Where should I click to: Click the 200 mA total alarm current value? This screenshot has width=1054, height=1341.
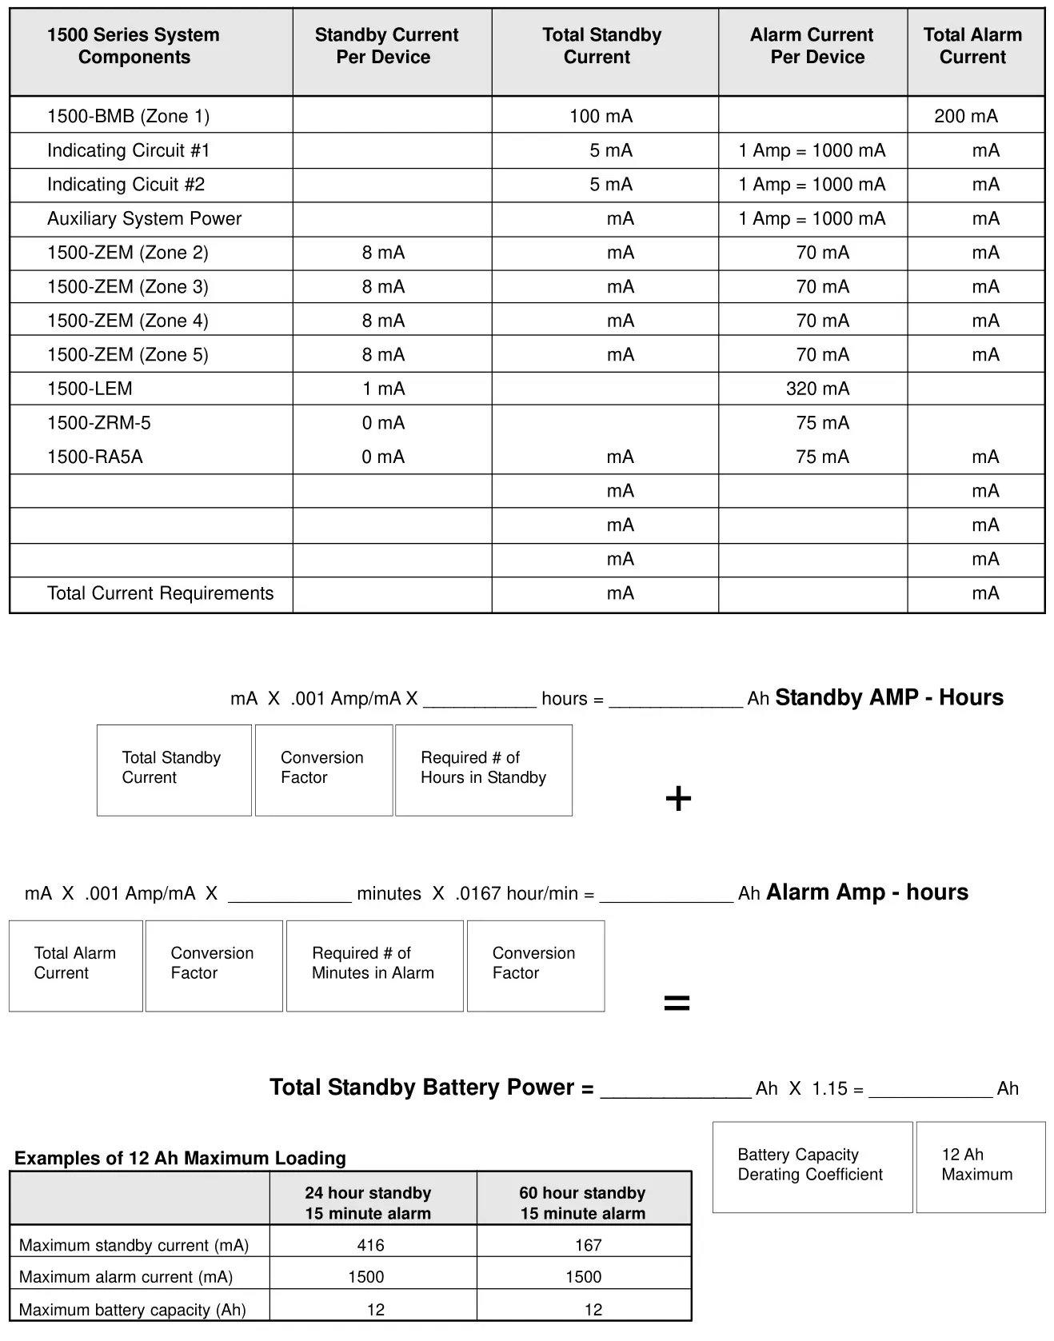(965, 116)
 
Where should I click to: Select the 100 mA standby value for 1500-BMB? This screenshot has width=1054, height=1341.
(601, 116)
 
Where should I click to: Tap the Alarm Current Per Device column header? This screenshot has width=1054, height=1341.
(812, 46)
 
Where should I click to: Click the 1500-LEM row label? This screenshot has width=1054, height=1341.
(90, 389)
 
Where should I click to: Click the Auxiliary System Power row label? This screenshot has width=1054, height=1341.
(144, 218)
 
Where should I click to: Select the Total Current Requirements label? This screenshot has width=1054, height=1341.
(160, 593)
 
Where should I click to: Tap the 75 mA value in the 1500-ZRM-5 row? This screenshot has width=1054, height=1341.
(822, 423)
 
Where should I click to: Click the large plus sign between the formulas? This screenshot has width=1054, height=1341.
(678, 798)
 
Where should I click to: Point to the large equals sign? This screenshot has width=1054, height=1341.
(677, 1003)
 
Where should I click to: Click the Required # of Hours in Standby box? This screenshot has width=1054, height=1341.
(484, 769)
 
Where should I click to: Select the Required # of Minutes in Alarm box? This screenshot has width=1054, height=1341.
(374, 965)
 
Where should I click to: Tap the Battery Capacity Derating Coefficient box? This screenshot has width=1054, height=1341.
(812, 1166)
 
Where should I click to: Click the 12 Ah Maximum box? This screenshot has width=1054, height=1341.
(980, 1166)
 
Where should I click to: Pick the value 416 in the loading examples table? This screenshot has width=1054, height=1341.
(370, 1245)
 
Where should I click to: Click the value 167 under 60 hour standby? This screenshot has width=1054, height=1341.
(588, 1245)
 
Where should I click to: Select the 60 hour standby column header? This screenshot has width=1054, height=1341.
(582, 1203)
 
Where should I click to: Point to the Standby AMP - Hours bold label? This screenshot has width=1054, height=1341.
(888, 697)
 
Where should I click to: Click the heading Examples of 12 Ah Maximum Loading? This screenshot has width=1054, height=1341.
(180, 1158)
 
